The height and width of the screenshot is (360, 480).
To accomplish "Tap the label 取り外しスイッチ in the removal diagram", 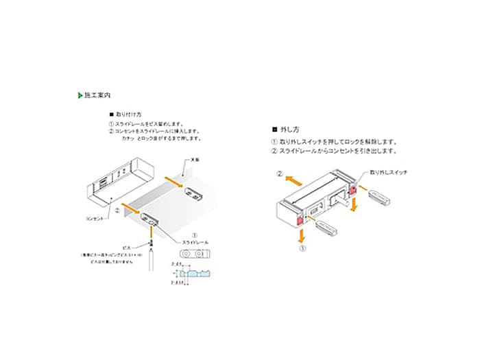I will tap(388, 173).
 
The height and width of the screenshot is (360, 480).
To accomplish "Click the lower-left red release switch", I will tap(300, 220).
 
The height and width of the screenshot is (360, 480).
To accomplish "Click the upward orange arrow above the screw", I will tap(149, 235).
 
